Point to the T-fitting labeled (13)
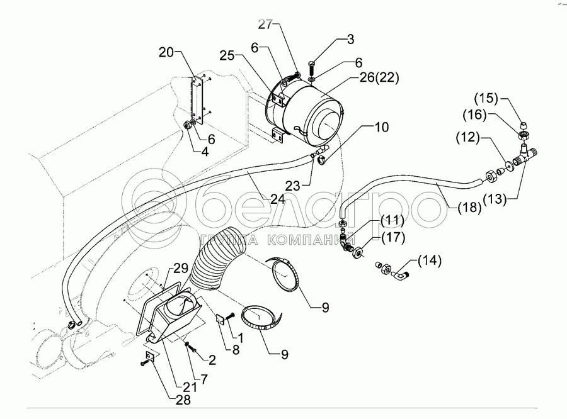point(525,154)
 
